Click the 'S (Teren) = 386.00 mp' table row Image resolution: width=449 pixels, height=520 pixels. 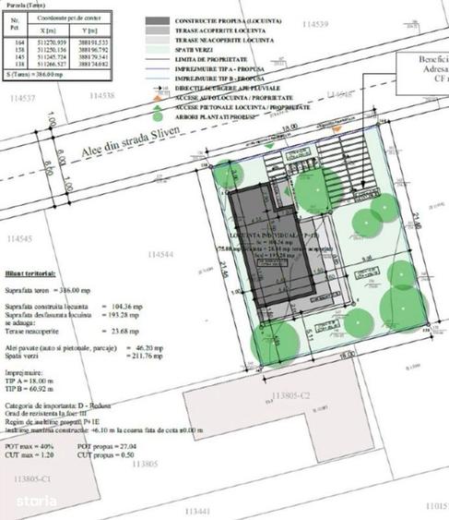[x=36, y=71]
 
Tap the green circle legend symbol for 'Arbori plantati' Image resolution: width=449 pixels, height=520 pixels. [x=159, y=115]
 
